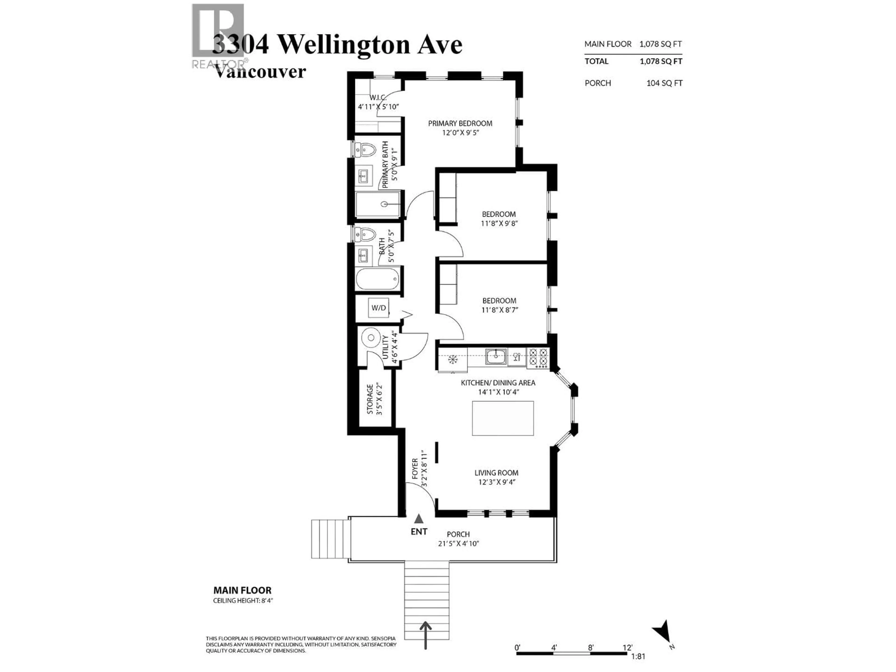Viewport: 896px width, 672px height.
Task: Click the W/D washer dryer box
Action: coord(379,308)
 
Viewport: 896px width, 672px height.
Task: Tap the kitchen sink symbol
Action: coord(496,357)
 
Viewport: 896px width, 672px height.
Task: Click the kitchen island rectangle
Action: coord(503,418)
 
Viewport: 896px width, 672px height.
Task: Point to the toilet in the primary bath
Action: coord(366,150)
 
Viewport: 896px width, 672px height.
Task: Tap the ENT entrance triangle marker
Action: coord(419,518)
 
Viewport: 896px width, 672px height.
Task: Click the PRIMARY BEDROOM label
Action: coord(460,123)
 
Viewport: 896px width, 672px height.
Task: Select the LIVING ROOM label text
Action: coord(496,473)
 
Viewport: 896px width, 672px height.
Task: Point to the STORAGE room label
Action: coord(370,399)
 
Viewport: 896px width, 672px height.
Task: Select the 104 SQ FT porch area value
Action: coord(664,83)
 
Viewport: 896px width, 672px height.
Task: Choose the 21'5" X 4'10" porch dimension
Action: coord(458,544)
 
